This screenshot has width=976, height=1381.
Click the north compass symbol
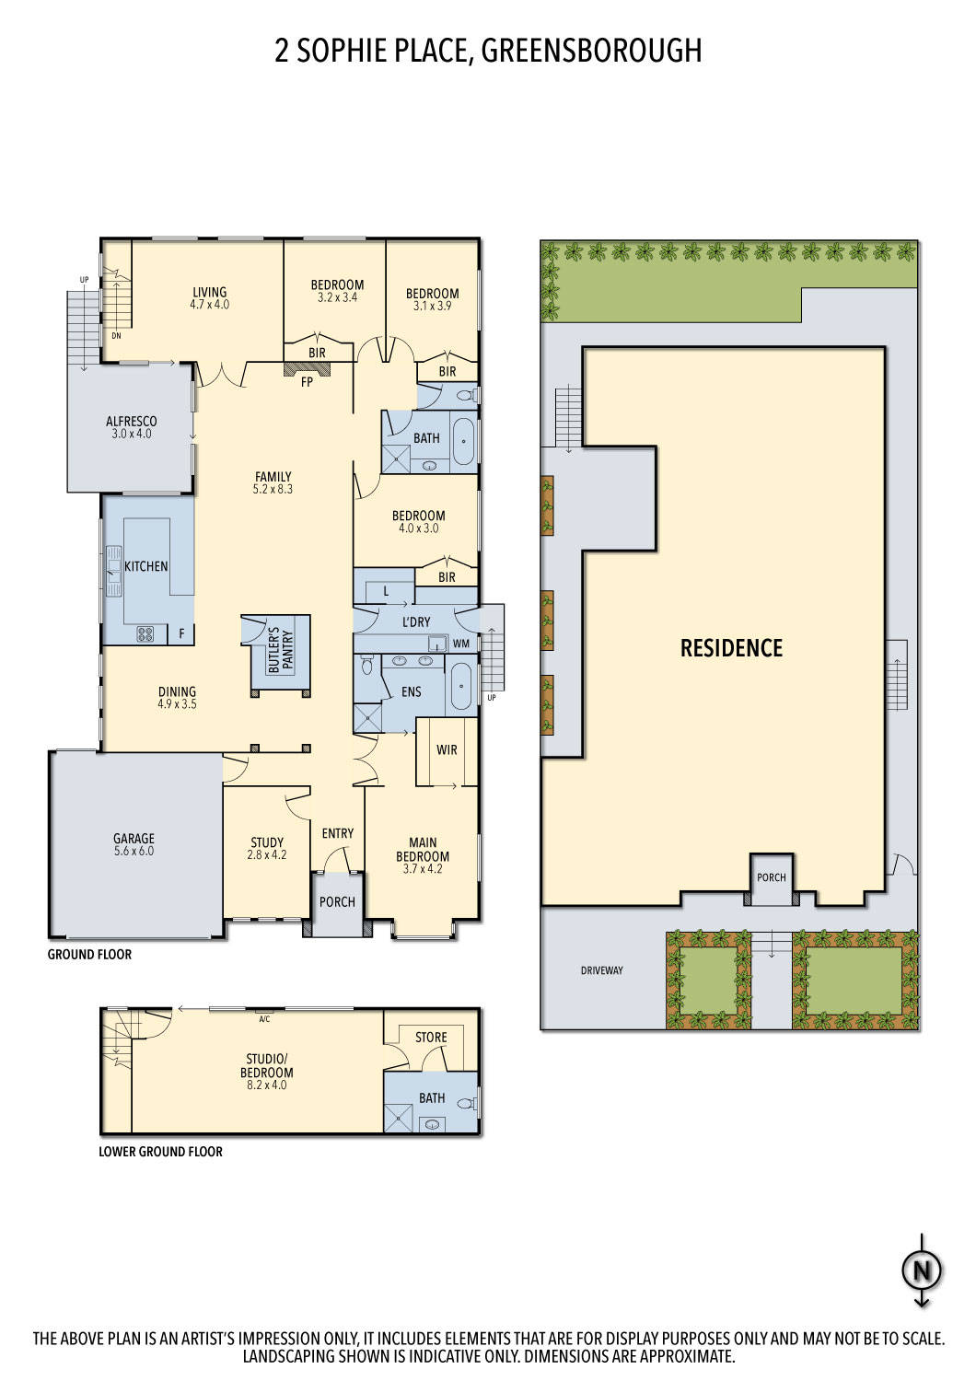(922, 1271)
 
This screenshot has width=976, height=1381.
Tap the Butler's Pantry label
(273, 651)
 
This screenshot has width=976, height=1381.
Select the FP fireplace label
(307, 381)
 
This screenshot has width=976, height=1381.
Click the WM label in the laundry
(461, 643)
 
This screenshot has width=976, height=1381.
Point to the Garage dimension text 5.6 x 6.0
(134, 852)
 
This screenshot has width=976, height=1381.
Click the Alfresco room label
(131, 422)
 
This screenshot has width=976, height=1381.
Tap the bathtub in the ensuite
(460, 686)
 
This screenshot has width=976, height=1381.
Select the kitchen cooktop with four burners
(145, 633)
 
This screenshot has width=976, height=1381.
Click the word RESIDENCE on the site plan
(731, 648)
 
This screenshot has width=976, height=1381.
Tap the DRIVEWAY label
(601, 970)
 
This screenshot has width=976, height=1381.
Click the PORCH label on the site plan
(771, 877)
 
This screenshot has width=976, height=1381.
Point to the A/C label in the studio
(264, 1019)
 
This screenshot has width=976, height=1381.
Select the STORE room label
(431, 1038)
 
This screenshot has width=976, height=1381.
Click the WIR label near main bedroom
(447, 750)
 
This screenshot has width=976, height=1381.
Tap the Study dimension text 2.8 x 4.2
(267, 855)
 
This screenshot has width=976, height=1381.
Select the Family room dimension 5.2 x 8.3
(273, 490)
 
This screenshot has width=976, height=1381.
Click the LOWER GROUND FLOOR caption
(160, 1152)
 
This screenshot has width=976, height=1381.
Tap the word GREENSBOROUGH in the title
(591, 50)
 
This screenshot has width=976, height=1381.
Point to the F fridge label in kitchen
(181, 633)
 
